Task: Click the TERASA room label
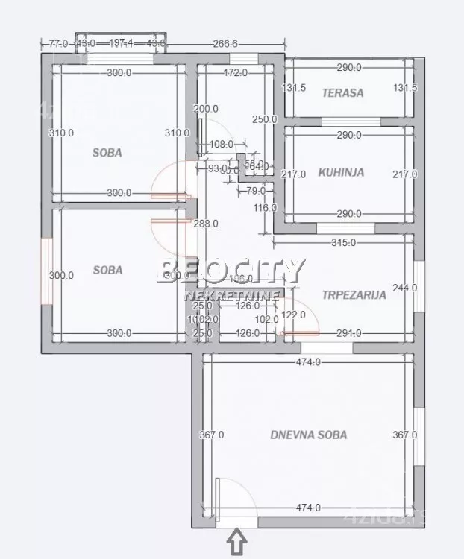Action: point(342,93)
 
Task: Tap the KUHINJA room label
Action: point(341,172)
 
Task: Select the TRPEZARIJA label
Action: point(354,294)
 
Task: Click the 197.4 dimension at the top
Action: point(120,44)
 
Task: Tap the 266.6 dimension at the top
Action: point(225,44)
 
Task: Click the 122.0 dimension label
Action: point(293,315)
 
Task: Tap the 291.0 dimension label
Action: point(348,333)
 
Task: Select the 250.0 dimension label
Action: point(264,119)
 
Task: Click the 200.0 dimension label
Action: point(205,109)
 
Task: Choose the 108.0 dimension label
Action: point(222,145)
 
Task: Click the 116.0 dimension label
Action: point(264,207)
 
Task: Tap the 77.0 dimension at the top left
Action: point(59,44)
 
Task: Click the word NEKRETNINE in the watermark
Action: point(232,295)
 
